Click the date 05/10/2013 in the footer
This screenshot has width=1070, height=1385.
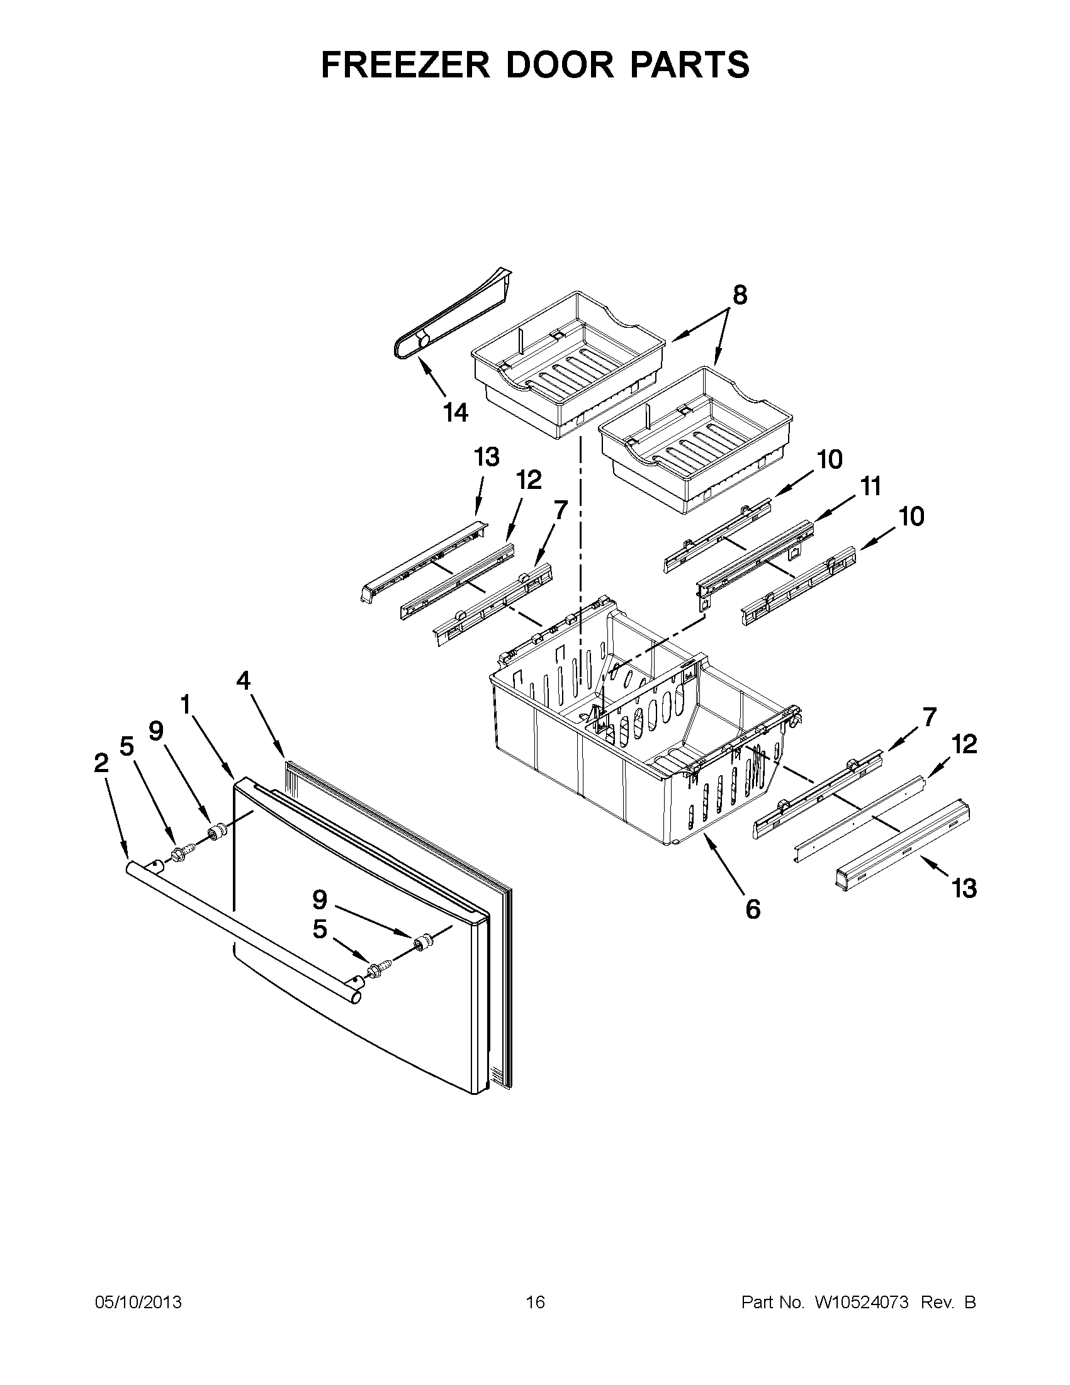pyautogui.click(x=138, y=1303)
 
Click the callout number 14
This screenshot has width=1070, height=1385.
pyautogui.click(x=455, y=413)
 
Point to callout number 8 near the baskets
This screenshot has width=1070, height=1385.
pyautogui.click(x=740, y=296)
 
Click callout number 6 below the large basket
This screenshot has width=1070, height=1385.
pyautogui.click(x=752, y=909)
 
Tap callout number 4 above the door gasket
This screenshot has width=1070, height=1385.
pyautogui.click(x=244, y=680)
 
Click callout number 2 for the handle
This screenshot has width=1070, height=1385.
pyautogui.click(x=101, y=764)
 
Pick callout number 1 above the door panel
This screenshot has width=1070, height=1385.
pyautogui.click(x=185, y=704)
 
